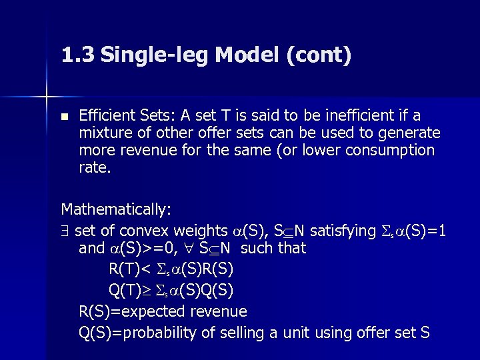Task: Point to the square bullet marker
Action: click(64, 116)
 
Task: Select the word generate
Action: click(411, 133)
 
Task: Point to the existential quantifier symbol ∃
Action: click(65, 231)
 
